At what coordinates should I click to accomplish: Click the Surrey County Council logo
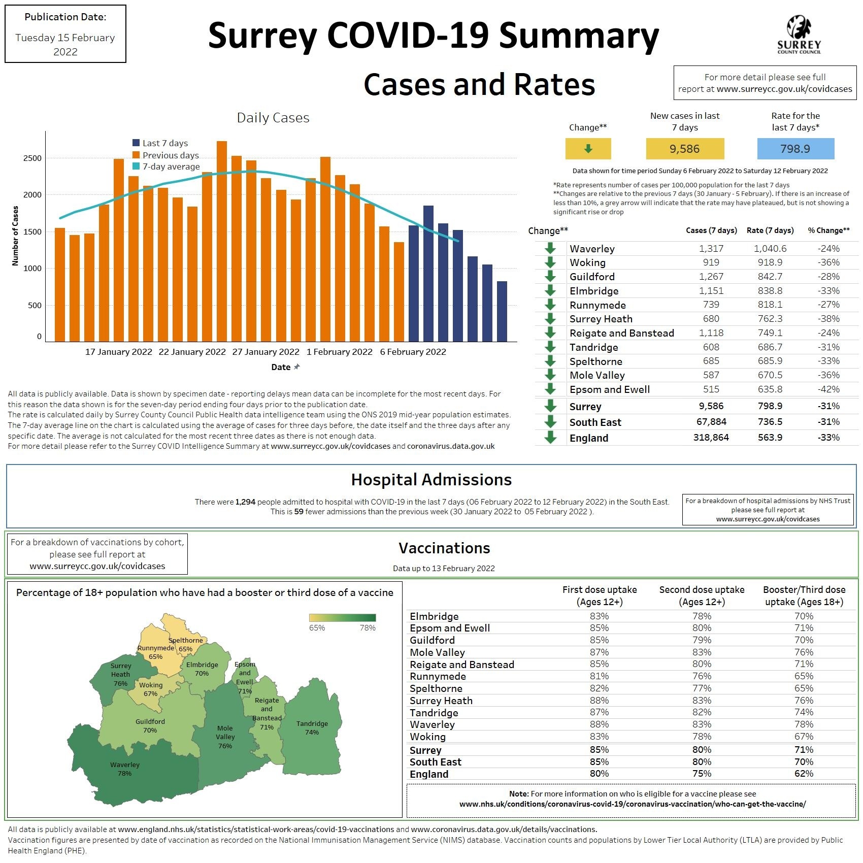[x=799, y=35]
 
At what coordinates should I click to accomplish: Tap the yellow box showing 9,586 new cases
[x=684, y=149]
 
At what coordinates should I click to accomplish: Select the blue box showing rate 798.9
[x=795, y=149]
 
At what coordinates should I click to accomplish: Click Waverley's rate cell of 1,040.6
[x=770, y=248]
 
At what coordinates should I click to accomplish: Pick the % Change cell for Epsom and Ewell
[x=828, y=389]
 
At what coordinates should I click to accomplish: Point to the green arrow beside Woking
[x=550, y=262]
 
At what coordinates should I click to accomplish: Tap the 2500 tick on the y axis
[x=32, y=158]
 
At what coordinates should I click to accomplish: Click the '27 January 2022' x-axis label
[x=265, y=352]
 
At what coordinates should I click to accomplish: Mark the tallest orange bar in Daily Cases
[x=222, y=241]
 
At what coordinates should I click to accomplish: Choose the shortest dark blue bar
[x=502, y=311]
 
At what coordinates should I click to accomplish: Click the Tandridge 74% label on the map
[x=312, y=728]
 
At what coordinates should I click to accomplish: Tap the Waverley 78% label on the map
[x=124, y=769]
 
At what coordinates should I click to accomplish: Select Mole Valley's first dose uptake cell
[x=599, y=652]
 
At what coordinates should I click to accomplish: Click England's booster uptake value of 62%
[x=804, y=774]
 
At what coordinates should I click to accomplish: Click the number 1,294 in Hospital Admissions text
[x=245, y=502]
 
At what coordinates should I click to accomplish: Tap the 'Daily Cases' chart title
[x=273, y=118]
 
